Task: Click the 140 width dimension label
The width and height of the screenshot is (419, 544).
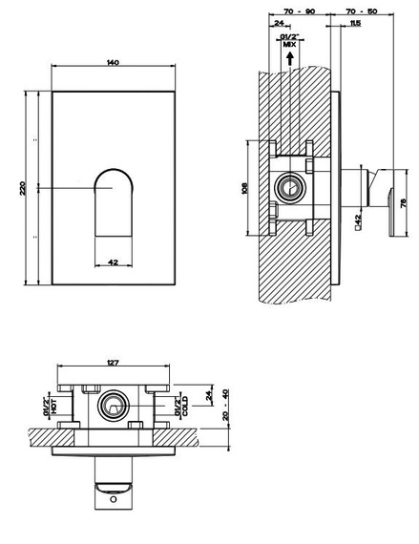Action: (113, 63)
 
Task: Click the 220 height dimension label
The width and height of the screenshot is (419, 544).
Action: (23, 188)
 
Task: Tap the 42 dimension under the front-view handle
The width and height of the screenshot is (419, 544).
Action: (113, 262)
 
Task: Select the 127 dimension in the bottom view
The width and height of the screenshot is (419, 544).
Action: (113, 363)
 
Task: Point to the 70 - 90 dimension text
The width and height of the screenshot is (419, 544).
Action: (300, 11)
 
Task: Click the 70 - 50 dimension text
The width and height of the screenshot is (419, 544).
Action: (362, 11)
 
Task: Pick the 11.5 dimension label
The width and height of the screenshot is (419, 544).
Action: (355, 24)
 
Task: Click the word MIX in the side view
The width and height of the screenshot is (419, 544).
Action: (289, 45)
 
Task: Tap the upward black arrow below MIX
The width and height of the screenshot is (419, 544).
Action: (290, 58)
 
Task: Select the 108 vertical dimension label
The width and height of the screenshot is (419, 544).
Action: (244, 188)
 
